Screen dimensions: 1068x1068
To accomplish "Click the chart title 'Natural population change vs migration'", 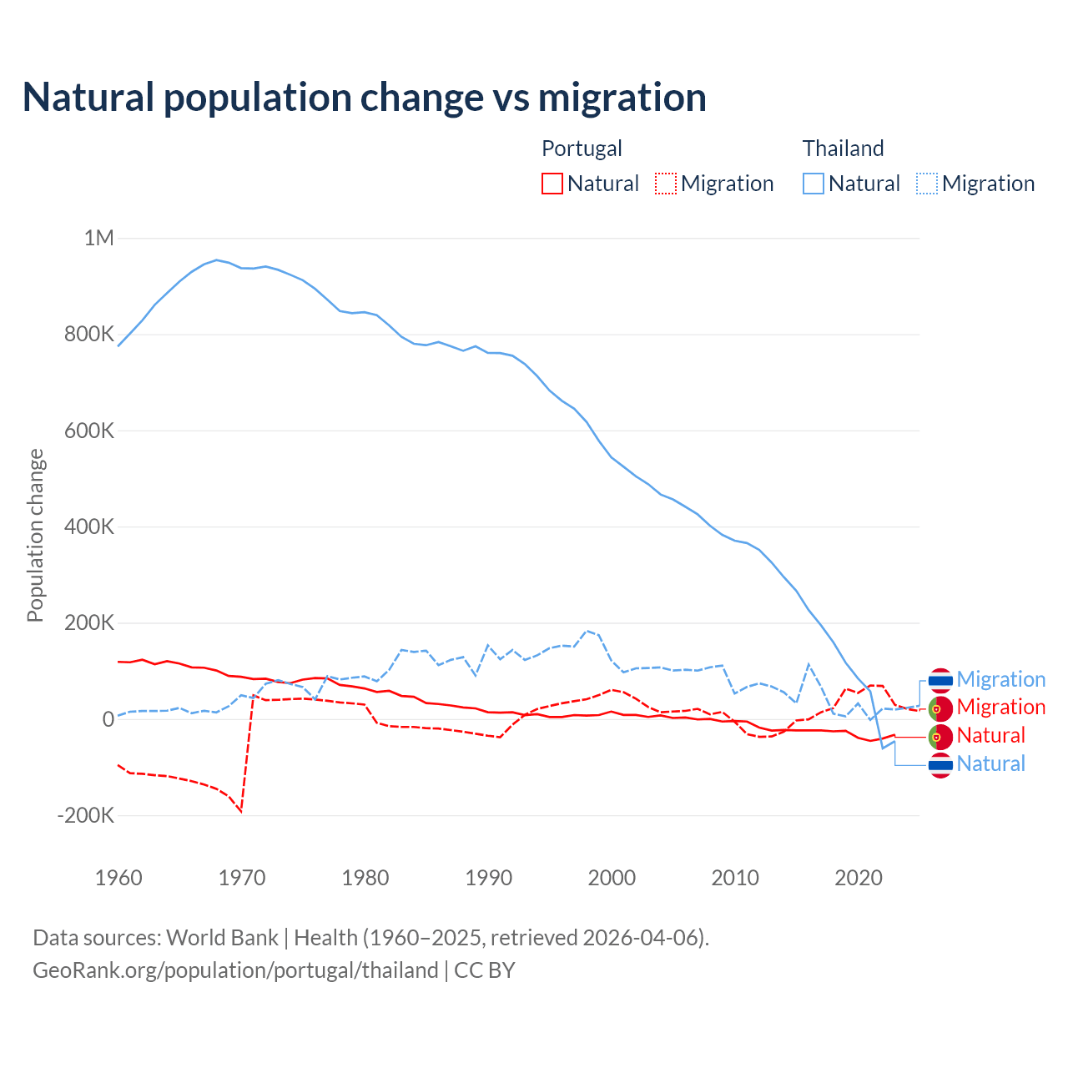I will tap(365, 98).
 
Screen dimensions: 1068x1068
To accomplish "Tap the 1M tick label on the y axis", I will tap(98, 239).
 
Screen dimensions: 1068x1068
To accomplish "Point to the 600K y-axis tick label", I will tap(90, 431).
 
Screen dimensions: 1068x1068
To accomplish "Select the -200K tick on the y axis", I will tap(86, 815).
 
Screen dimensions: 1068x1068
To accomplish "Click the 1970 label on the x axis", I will tap(242, 878).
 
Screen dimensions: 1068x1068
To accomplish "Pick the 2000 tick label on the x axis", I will tap(612, 878).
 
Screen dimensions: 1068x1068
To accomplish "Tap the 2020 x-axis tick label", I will tap(859, 878).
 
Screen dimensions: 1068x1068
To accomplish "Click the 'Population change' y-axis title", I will tap(35, 536).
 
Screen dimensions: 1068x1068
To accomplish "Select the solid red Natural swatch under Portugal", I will tap(552, 184).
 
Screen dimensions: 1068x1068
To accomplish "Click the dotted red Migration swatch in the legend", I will tap(666, 184).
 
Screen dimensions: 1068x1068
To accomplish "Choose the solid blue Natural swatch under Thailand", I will tap(814, 184).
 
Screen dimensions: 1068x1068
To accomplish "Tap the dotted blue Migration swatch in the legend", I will tap(927, 184).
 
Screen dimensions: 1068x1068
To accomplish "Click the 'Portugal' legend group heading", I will tap(582, 149).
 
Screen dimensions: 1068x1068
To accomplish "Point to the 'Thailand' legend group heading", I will tap(843, 149).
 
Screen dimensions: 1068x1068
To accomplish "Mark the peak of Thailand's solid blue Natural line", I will tap(217, 259).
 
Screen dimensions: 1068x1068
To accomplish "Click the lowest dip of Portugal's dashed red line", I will tap(241, 811).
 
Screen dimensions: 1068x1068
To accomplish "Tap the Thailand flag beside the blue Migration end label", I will tap(940, 680).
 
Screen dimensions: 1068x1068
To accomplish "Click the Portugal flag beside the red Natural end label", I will tap(940, 736).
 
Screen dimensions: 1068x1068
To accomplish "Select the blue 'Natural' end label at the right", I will tap(990, 763).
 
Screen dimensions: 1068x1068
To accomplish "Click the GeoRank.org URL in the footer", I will tap(235, 970).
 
